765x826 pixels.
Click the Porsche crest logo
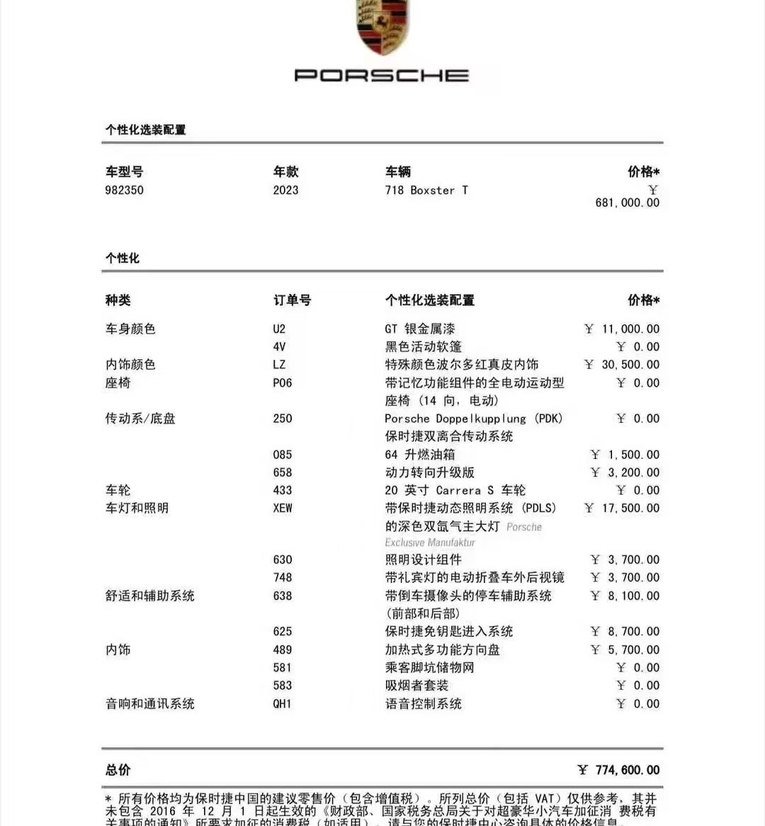(x=382, y=27)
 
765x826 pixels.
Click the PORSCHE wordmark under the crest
(x=382, y=75)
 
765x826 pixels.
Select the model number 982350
(x=124, y=191)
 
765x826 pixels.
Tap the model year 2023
(x=285, y=191)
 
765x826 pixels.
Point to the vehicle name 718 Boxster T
(x=426, y=191)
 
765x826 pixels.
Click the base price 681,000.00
(x=627, y=203)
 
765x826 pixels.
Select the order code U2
(x=279, y=329)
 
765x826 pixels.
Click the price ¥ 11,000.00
(x=622, y=329)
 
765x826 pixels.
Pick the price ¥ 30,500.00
(x=622, y=365)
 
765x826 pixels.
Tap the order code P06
(x=282, y=383)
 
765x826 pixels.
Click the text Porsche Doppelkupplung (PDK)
(x=473, y=419)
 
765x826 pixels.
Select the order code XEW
(x=282, y=509)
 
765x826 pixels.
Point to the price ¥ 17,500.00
(x=622, y=509)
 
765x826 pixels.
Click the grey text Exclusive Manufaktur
(x=430, y=543)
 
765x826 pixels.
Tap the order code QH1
(x=282, y=704)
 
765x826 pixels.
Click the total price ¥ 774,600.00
(x=618, y=770)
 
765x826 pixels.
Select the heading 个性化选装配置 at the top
(x=146, y=130)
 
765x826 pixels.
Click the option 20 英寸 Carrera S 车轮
(x=455, y=490)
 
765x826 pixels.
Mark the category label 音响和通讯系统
(x=149, y=704)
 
